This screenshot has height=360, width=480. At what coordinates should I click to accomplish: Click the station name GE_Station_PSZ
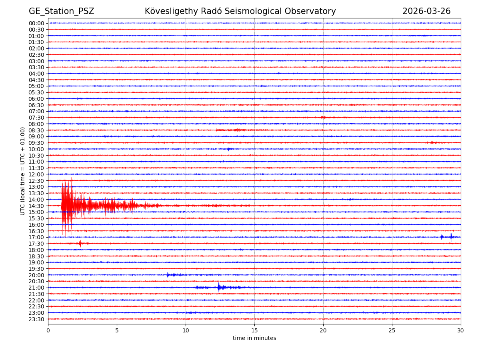click(61, 11)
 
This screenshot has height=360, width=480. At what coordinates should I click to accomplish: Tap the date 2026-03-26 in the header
click(426, 11)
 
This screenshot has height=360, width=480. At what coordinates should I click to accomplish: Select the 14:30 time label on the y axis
click(36, 206)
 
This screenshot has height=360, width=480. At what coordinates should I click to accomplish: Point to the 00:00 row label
click(36, 23)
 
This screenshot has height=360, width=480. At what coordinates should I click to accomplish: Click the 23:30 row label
click(36, 319)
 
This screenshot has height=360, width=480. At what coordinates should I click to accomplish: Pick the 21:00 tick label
click(36, 288)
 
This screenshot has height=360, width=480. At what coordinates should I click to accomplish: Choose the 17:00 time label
click(36, 237)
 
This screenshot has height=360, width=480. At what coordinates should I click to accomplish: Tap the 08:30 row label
click(36, 130)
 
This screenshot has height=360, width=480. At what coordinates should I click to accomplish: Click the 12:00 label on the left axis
click(36, 174)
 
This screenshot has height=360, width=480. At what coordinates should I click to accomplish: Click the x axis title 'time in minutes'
click(254, 338)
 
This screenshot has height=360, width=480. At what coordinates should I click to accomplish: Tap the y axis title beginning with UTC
click(23, 171)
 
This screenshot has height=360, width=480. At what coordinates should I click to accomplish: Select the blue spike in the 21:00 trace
click(218, 287)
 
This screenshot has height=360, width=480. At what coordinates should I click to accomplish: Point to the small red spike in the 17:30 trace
click(80, 243)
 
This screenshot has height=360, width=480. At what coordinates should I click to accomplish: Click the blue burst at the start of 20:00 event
click(168, 275)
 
